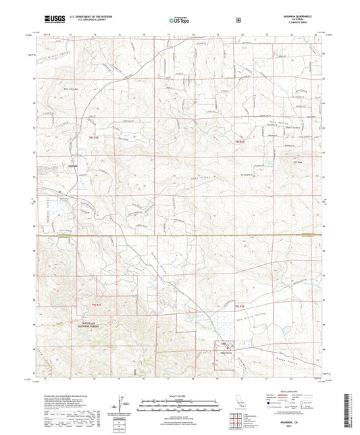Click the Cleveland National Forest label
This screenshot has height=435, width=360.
pyautogui.click(x=80, y=324)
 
